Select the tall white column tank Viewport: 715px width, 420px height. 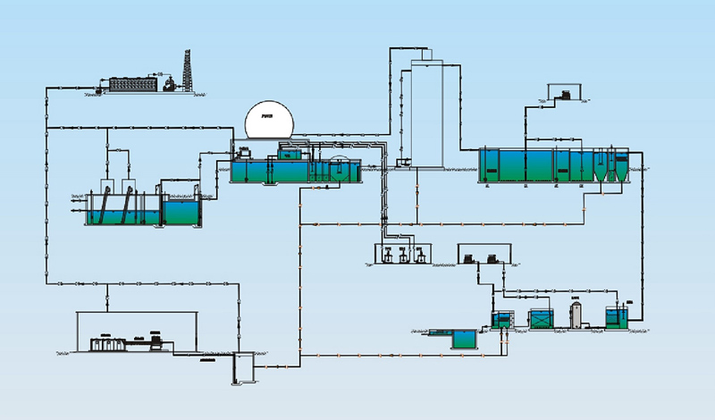(428, 112)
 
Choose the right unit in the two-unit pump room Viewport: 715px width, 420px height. (490, 259)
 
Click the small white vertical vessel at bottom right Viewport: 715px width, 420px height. (576, 315)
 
